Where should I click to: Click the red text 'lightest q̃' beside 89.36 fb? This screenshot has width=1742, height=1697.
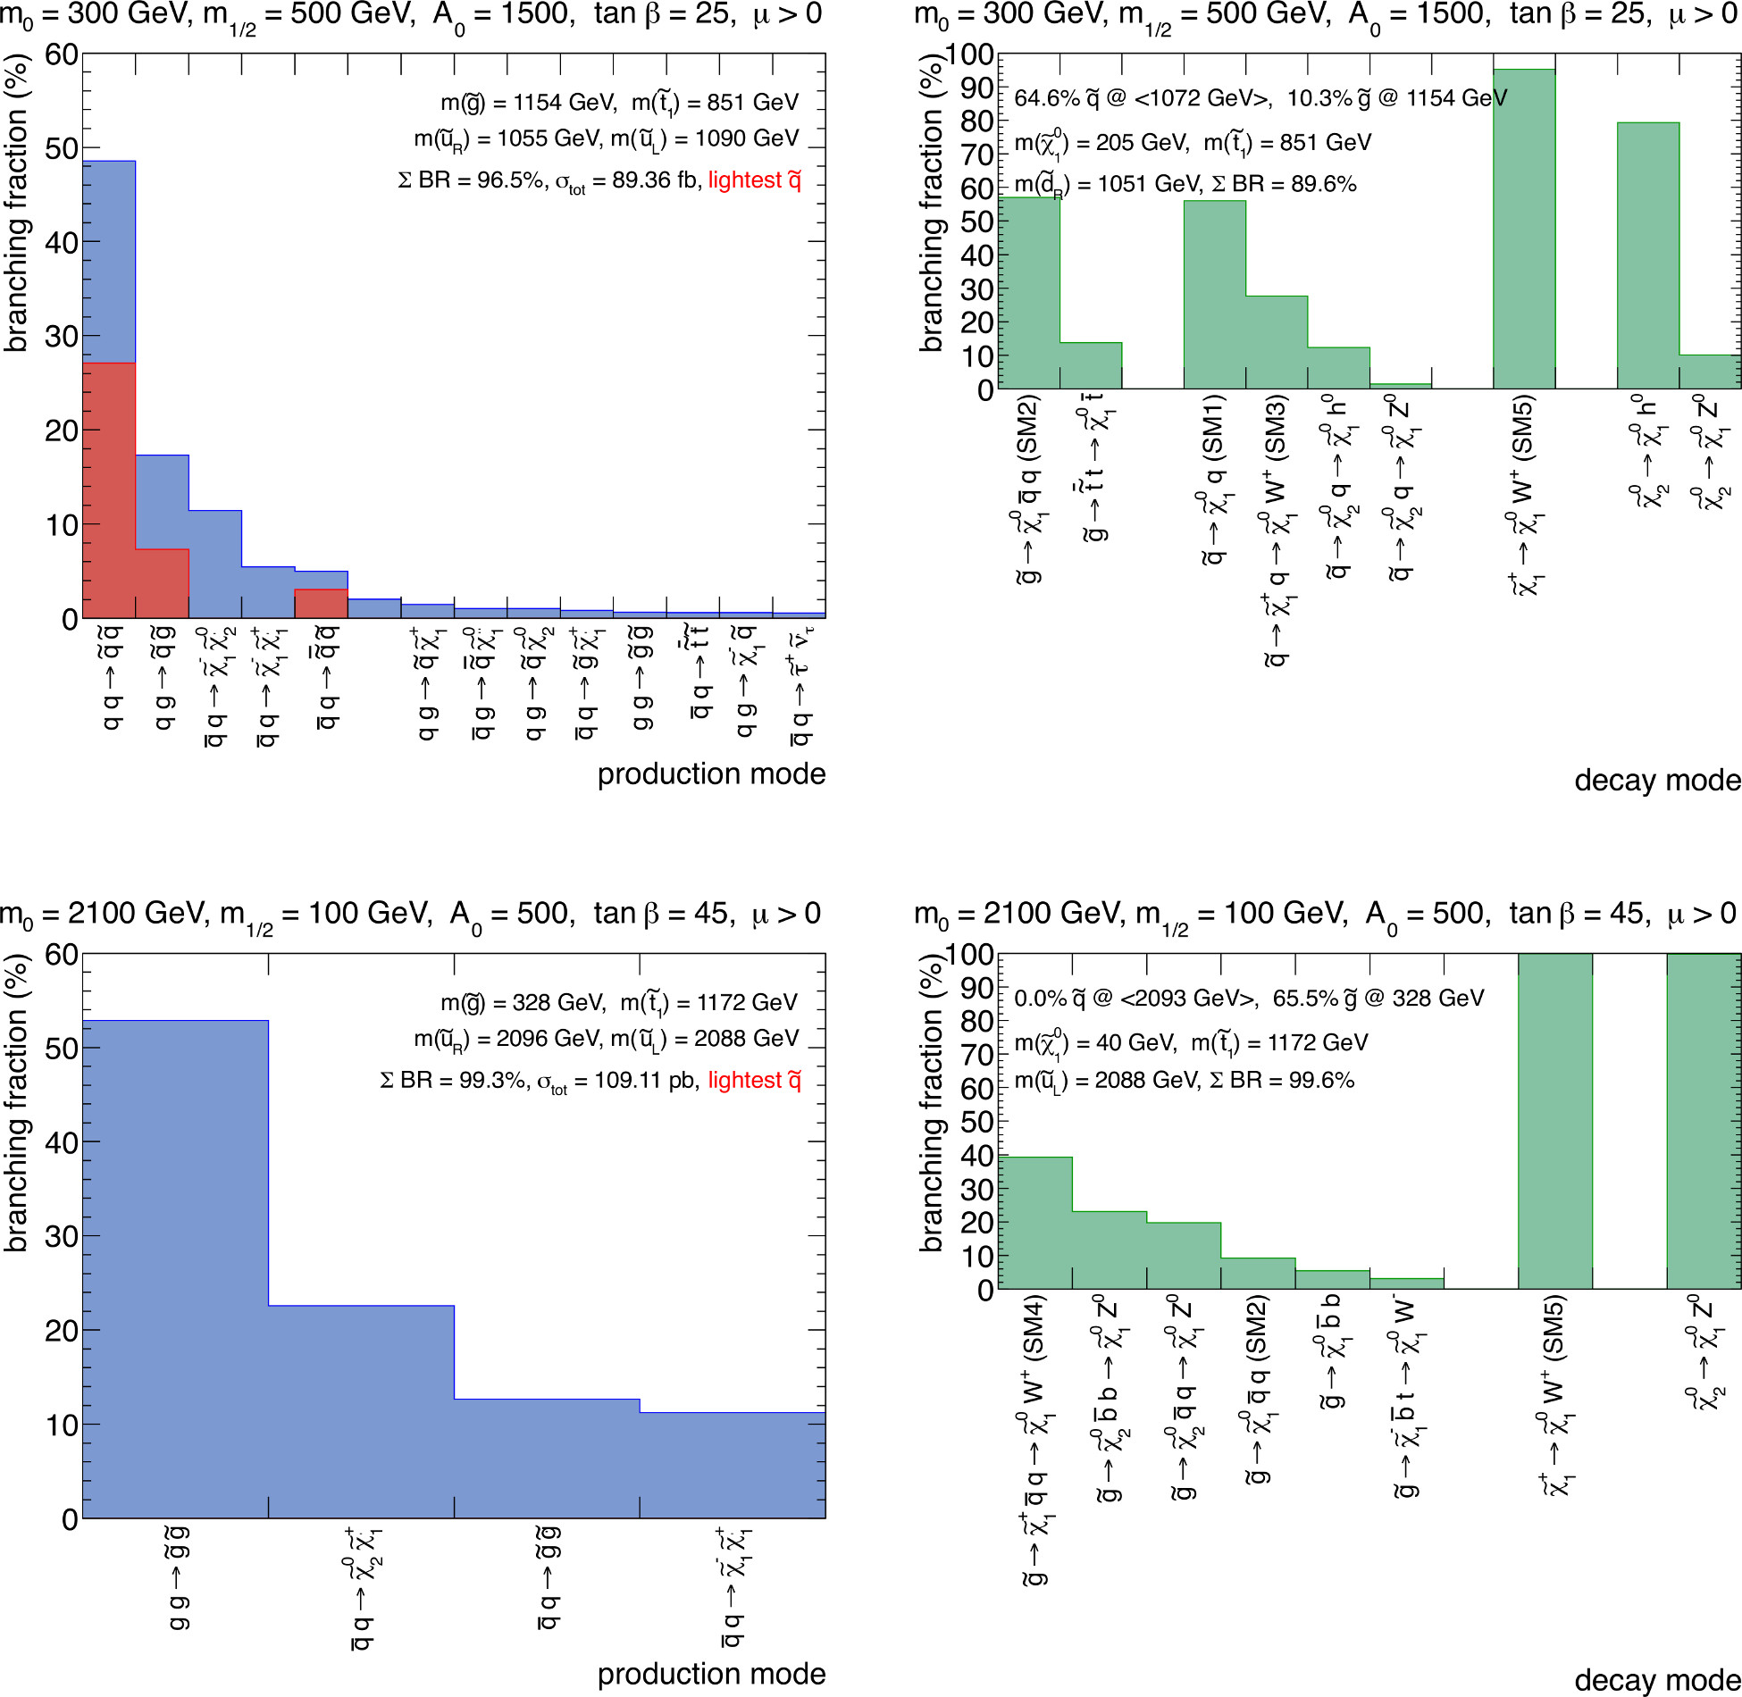(754, 180)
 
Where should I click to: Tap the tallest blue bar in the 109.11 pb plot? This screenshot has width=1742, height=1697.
(175, 1268)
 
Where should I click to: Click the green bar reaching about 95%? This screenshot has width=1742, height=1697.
(1524, 229)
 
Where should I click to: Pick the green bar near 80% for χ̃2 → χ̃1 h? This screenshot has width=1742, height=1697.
(1648, 255)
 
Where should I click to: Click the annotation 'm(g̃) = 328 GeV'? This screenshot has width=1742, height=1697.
(523, 1003)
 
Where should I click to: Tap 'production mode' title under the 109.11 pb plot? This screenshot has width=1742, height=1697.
(711, 1674)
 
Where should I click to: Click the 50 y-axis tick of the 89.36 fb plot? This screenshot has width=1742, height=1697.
(62, 148)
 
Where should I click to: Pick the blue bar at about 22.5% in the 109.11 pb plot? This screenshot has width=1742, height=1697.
(361, 1411)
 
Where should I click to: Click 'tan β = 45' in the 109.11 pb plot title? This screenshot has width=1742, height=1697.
(660, 914)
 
